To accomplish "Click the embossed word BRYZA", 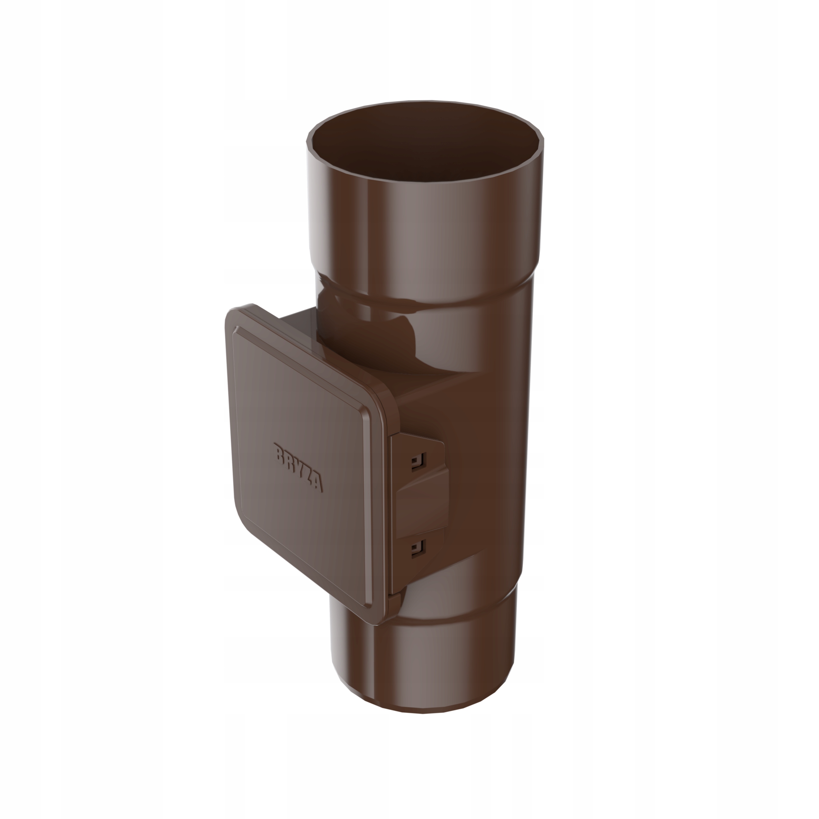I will [299, 467].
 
